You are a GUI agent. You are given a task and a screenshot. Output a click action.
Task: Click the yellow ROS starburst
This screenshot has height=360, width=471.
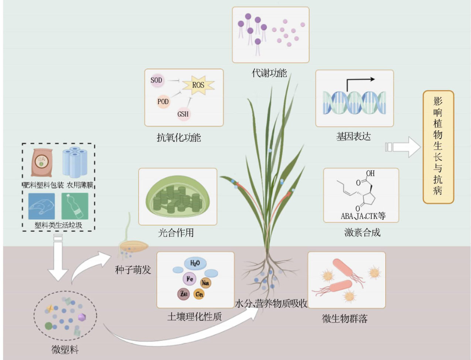[198, 85]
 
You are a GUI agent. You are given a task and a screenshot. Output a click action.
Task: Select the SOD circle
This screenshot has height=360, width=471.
[157, 80]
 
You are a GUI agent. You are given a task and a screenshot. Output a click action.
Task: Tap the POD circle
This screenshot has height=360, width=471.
[163, 102]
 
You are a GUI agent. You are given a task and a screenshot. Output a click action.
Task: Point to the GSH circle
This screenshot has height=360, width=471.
[183, 114]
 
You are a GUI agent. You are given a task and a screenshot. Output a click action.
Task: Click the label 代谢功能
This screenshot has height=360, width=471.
[269, 73]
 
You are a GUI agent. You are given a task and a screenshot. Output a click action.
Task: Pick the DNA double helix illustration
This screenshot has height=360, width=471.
[354, 102]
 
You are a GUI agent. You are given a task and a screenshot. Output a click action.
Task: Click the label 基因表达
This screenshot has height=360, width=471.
[353, 137]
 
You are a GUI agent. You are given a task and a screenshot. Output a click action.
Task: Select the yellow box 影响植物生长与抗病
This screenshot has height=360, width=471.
[438, 147]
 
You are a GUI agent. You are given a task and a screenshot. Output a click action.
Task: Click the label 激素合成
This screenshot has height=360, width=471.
[362, 232]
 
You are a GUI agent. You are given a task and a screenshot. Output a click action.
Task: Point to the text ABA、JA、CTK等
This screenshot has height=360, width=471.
[363, 216]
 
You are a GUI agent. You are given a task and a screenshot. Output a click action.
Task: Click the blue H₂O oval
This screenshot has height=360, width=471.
[195, 263]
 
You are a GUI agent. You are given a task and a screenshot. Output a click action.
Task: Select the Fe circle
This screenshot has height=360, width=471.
[190, 279]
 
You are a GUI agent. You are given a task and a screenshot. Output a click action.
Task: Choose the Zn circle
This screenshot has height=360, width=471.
[184, 294]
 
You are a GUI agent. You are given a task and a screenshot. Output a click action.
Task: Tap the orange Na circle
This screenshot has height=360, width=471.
[205, 283]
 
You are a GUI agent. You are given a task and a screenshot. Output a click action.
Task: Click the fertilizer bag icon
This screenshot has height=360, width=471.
[42, 162]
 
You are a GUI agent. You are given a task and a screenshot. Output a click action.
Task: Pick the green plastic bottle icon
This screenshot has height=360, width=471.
[75, 206]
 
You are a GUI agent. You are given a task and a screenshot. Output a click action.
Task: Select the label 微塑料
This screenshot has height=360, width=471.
[65, 349]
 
